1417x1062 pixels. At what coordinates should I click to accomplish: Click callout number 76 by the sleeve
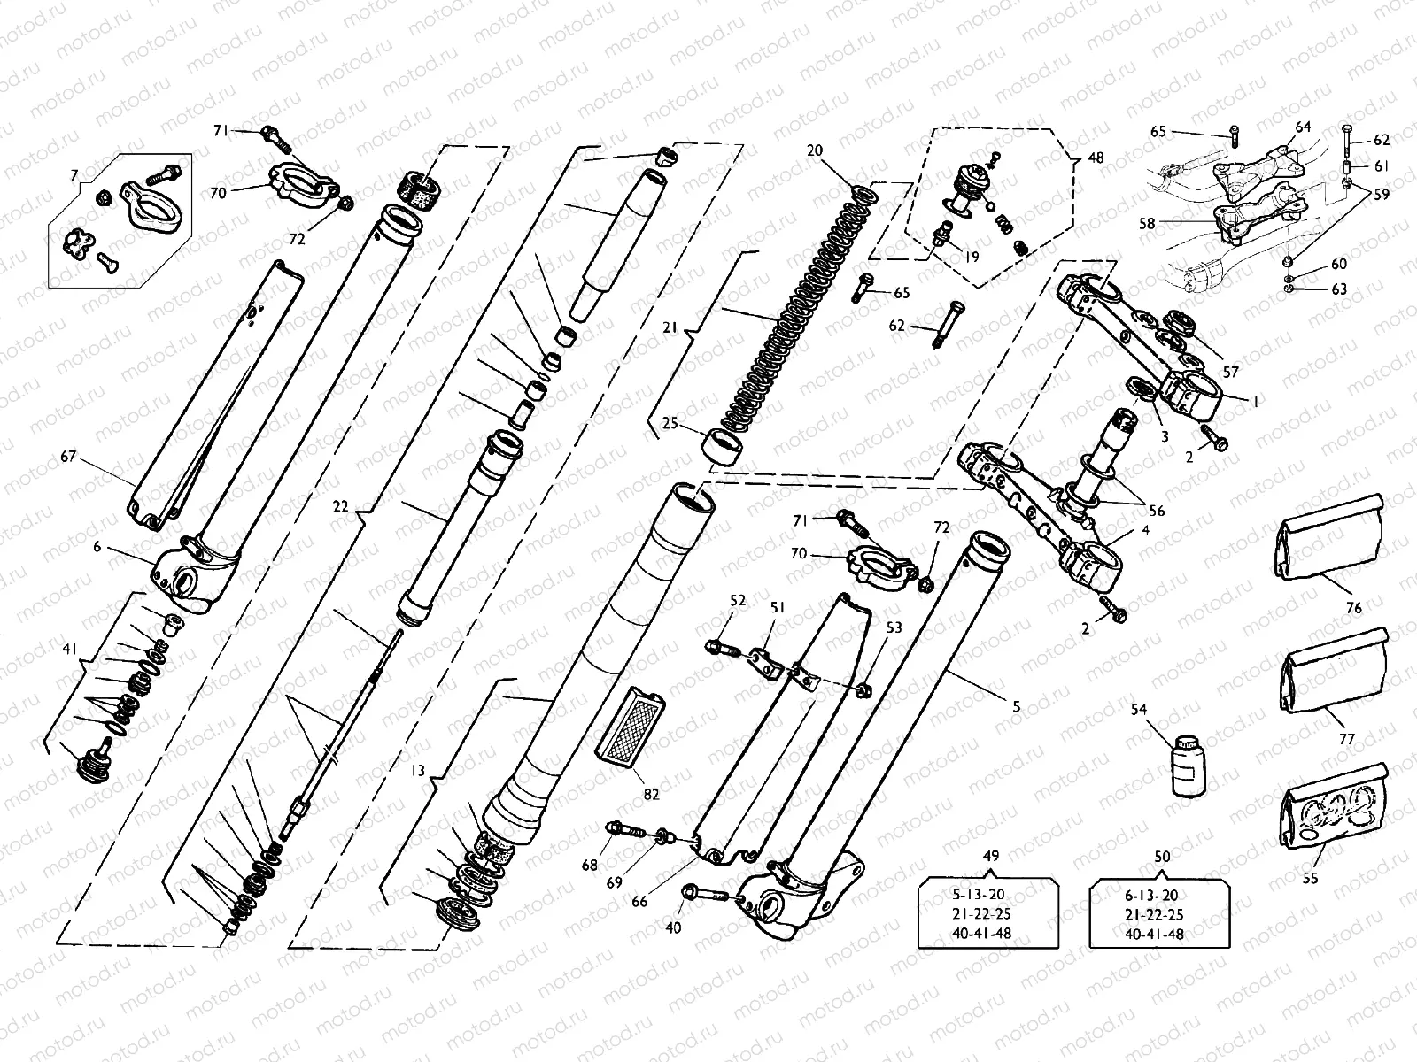coord(1353,608)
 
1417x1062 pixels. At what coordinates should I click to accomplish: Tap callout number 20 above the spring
coord(815,150)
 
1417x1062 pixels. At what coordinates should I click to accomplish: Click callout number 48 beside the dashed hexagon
coord(1096,158)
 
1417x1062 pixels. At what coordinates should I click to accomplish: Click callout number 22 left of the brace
coord(340,507)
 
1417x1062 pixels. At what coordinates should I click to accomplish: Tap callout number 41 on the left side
coord(70,650)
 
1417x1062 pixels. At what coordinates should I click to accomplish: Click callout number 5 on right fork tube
coord(1016,706)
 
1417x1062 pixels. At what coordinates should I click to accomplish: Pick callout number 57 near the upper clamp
coord(1231,373)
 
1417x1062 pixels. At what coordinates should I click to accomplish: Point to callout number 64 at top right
coord(1303,127)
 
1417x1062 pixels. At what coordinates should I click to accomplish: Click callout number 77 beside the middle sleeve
coord(1346,736)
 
